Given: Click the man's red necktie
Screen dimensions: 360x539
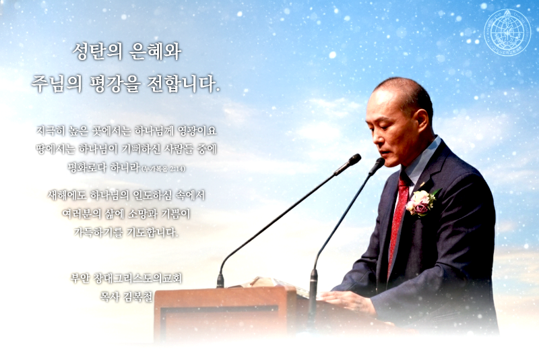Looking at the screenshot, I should (398, 216).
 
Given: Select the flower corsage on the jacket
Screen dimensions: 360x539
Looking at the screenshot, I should (421, 202).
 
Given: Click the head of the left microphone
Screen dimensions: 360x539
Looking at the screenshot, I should (348, 164).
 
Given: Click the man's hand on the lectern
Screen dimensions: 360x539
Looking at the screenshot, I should (348, 303).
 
